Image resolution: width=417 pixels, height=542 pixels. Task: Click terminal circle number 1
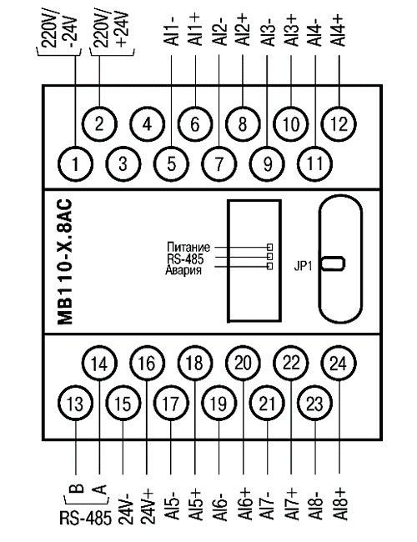click(75, 163)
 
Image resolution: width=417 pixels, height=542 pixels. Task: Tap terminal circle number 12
click(339, 123)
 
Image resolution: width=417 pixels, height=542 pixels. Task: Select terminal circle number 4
click(148, 123)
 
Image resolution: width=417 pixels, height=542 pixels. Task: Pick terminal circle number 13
click(75, 403)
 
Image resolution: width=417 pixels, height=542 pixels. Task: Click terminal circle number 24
click(338, 363)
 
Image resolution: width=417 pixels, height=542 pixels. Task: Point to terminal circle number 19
click(219, 403)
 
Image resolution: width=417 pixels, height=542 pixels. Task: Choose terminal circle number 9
click(267, 163)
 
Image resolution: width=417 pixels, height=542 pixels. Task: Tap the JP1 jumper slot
click(333, 263)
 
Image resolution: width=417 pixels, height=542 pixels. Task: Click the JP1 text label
click(303, 267)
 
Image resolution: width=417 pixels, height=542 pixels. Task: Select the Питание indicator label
click(188, 248)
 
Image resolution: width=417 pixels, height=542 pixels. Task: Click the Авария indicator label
click(183, 270)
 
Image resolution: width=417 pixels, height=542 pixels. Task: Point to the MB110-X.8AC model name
click(65, 262)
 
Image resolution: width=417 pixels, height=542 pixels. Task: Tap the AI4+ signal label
click(339, 30)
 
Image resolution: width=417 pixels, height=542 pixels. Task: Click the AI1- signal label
click(172, 30)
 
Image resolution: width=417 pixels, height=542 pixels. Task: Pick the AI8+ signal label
click(340, 504)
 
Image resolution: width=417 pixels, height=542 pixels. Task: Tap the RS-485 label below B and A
click(86, 519)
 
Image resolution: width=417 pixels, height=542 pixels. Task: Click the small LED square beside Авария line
click(269, 266)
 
